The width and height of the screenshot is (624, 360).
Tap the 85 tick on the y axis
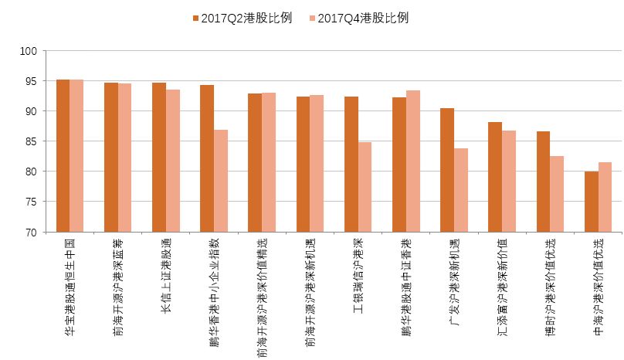[31, 141]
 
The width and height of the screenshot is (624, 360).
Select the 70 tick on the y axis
[31, 232]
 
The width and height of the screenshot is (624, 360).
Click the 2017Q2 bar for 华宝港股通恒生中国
[63, 155]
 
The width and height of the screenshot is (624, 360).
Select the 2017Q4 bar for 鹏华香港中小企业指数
[221, 181]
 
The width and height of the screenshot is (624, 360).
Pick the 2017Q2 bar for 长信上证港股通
[159, 157]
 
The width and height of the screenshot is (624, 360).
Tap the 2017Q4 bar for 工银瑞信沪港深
[365, 187]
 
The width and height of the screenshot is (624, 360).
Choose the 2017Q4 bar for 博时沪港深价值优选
[557, 194]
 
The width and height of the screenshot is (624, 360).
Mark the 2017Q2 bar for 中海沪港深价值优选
[592, 202]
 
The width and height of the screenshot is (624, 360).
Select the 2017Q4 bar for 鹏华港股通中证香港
[413, 161]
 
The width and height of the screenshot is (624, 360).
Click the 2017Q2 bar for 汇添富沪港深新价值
[495, 177]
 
